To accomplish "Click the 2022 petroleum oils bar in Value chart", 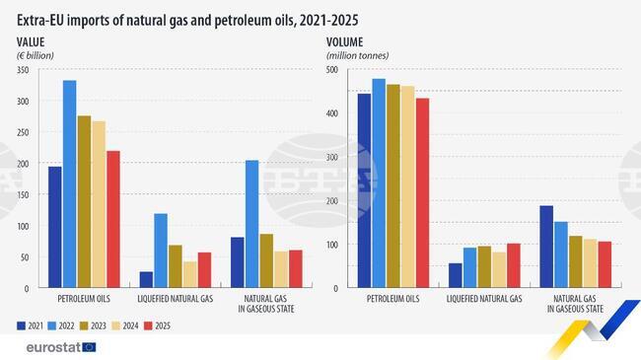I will [70, 183].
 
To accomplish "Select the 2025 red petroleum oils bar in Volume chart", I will [423, 192].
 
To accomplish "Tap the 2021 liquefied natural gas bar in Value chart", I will [147, 279].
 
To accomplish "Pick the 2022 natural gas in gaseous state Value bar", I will [252, 224].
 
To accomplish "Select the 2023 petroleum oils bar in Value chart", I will [84, 201].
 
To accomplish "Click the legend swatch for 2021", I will [21, 324].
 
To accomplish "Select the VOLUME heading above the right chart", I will [347, 40].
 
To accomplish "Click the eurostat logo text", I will [48, 346].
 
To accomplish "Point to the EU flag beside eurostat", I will [90, 346].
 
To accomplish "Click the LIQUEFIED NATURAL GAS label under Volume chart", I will [485, 298].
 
